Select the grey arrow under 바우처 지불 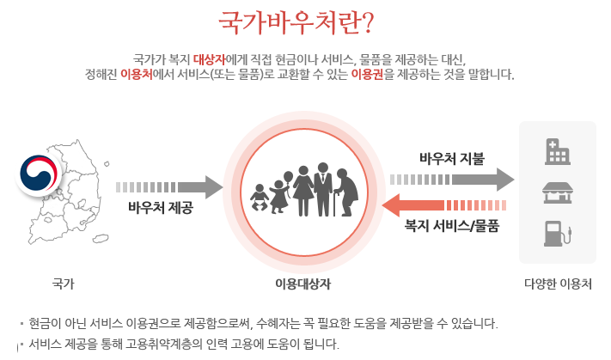(452, 180)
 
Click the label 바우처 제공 (160, 208)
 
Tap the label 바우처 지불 (451, 159)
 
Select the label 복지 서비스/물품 (451, 227)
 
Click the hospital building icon (557, 151)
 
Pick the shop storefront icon (557, 192)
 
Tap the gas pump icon (557, 233)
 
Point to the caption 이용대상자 (302, 284)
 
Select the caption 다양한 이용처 (557, 283)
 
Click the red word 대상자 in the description (209, 59)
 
